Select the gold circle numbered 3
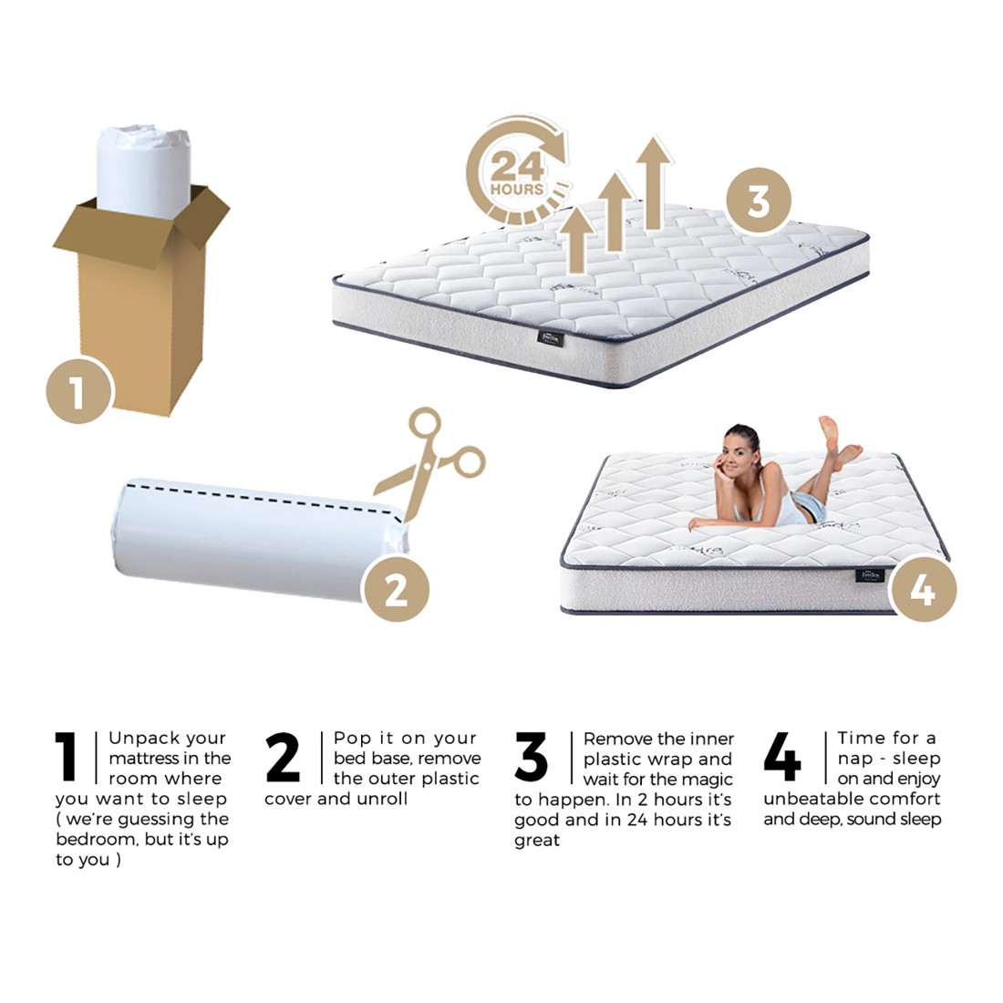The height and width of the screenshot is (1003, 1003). click(759, 201)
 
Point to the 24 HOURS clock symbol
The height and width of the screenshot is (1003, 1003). click(516, 173)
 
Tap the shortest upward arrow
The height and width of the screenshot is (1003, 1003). click(575, 239)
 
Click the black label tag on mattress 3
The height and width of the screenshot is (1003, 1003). click(550, 337)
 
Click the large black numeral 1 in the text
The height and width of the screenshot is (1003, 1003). click(67, 757)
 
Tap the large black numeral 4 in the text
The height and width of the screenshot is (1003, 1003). click(782, 757)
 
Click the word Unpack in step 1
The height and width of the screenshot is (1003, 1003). click(136, 739)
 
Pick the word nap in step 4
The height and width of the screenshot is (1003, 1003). click(855, 759)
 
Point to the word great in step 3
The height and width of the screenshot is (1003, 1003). click(537, 841)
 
